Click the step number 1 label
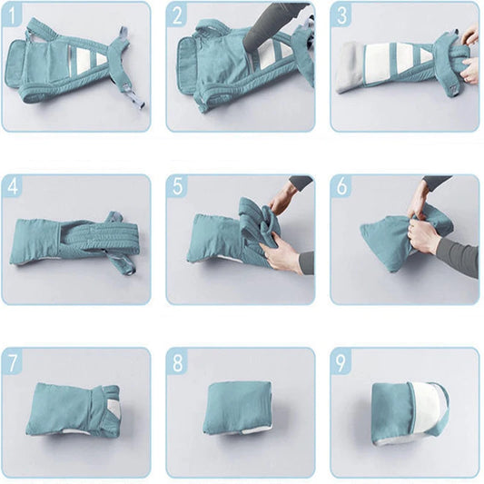(12, 15)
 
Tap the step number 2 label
(177, 15)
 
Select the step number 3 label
(341, 15)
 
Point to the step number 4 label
(13, 186)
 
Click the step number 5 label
(177, 186)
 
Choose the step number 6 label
(342, 186)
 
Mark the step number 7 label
(12, 363)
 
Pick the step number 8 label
(177, 363)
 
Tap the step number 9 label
(341, 363)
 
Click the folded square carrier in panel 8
(238, 408)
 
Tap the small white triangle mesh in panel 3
(426, 55)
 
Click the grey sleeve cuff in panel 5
(307, 263)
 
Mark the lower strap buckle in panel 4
(129, 270)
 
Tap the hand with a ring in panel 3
(469, 71)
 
